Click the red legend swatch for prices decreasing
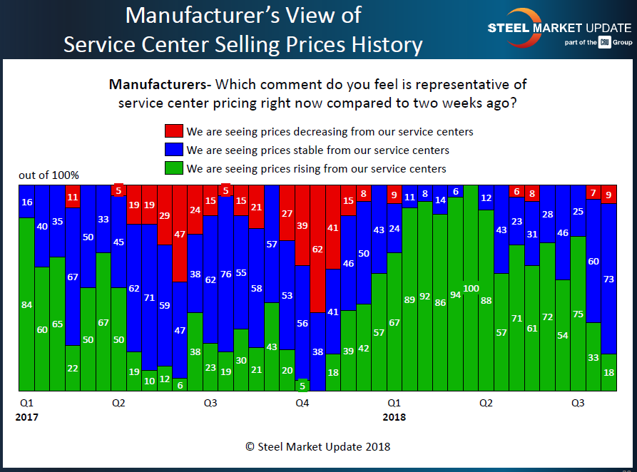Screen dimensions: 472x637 [173, 131]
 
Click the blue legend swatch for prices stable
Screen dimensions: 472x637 [173, 150]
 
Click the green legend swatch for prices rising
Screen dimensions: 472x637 [173, 169]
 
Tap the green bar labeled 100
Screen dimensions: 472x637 [470, 287]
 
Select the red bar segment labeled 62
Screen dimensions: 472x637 [317, 248]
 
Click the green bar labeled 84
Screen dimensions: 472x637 [26, 304]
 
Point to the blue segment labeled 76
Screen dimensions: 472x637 [225, 273]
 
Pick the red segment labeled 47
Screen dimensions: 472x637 [180, 233]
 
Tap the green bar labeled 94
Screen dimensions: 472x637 [455, 294]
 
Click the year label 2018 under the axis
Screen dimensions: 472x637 [393, 417]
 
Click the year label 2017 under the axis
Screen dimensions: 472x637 [26, 417]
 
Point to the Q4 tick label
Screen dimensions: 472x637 [302, 404]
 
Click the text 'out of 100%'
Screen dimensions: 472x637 [49, 175]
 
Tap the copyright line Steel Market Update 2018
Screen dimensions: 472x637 [317, 446]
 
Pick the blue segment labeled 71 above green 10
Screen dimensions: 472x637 [149, 297]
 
